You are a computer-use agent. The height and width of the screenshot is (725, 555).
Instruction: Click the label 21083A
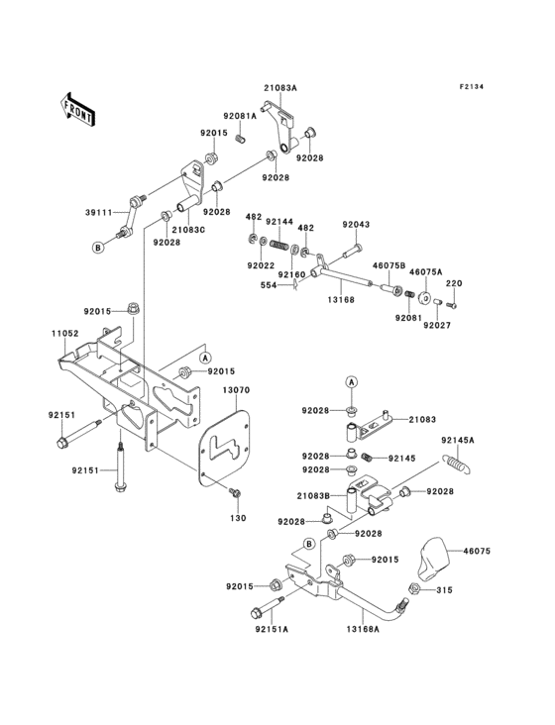click(x=279, y=88)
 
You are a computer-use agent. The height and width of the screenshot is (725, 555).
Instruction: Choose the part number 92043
click(x=357, y=224)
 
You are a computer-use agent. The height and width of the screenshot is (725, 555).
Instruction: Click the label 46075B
click(x=388, y=265)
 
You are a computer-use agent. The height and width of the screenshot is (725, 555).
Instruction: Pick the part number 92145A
click(x=458, y=439)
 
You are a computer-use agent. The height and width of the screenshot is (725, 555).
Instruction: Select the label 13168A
click(x=363, y=628)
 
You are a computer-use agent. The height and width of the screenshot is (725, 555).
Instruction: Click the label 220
click(x=453, y=283)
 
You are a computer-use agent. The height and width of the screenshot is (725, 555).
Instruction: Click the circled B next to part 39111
click(x=99, y=247)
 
